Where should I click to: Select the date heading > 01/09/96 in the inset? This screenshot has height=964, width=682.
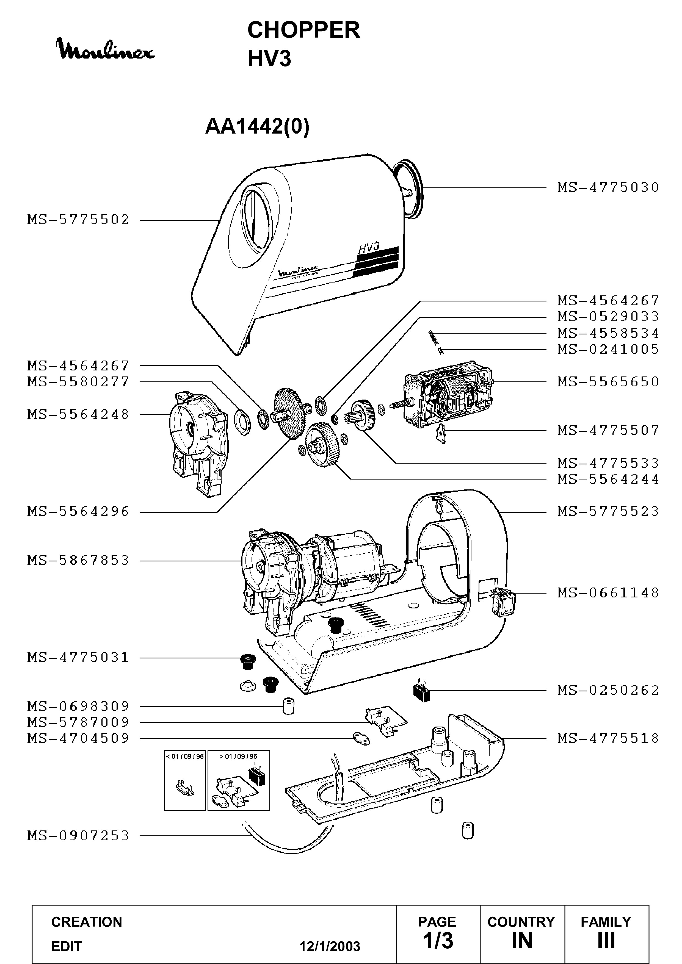[239, 756]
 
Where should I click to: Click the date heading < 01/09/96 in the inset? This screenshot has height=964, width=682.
[185, 756]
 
